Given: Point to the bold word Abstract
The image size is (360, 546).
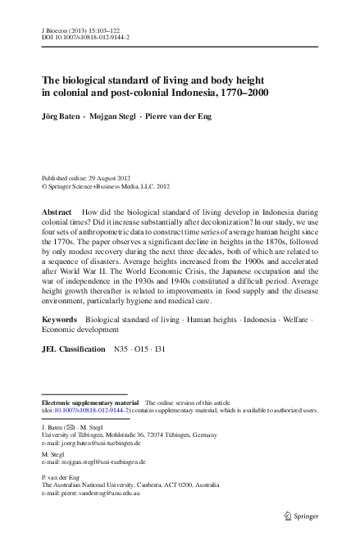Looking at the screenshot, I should [57, 211].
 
